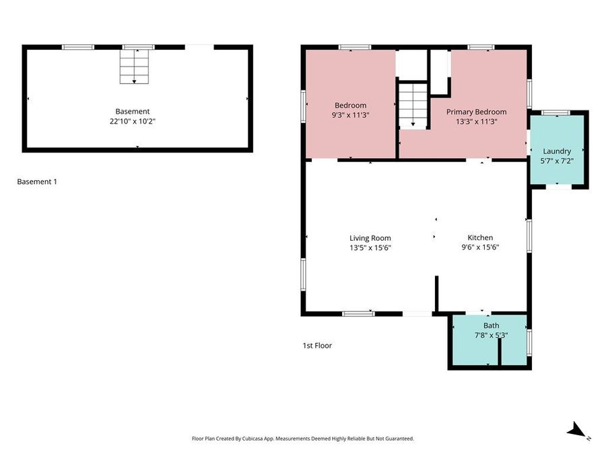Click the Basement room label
pos(132,112)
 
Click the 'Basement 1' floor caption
pos(37,182)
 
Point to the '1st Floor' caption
pos(317,346)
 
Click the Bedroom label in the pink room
pos(351,105)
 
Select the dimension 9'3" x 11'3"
pos(351,115)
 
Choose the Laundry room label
pos(557,151)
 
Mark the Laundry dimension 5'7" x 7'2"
pos(557,161)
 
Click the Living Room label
pos(370,238)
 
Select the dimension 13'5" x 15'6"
pos(370,248)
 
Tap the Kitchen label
pos(480,238)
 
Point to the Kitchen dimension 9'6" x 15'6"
pos(480,248)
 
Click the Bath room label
pos(491,326)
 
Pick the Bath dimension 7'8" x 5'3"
pos(491,335)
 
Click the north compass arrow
pos(576,430)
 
